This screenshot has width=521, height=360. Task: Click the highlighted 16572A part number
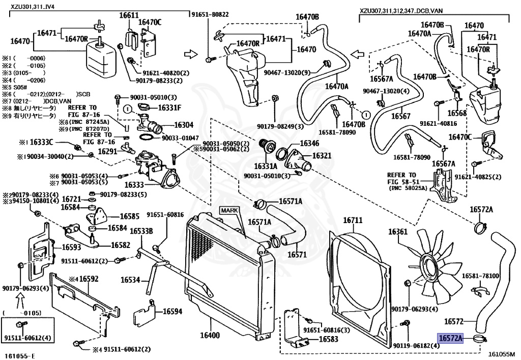(x=451, y=338)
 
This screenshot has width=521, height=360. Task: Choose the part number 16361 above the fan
(x=398, y=232)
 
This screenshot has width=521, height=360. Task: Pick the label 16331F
(x=169, y=107)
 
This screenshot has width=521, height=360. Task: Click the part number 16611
(x=129, y=16)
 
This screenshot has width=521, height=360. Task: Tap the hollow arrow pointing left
(x=358, y=53)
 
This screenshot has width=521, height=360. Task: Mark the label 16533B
(x=141, y=231)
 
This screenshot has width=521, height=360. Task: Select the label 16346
(x=309, y=144)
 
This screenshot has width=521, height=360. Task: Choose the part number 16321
(x=322, y=156)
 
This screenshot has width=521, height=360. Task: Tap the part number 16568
(x=457, y=113)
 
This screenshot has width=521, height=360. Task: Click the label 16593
(x=72, y=247)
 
